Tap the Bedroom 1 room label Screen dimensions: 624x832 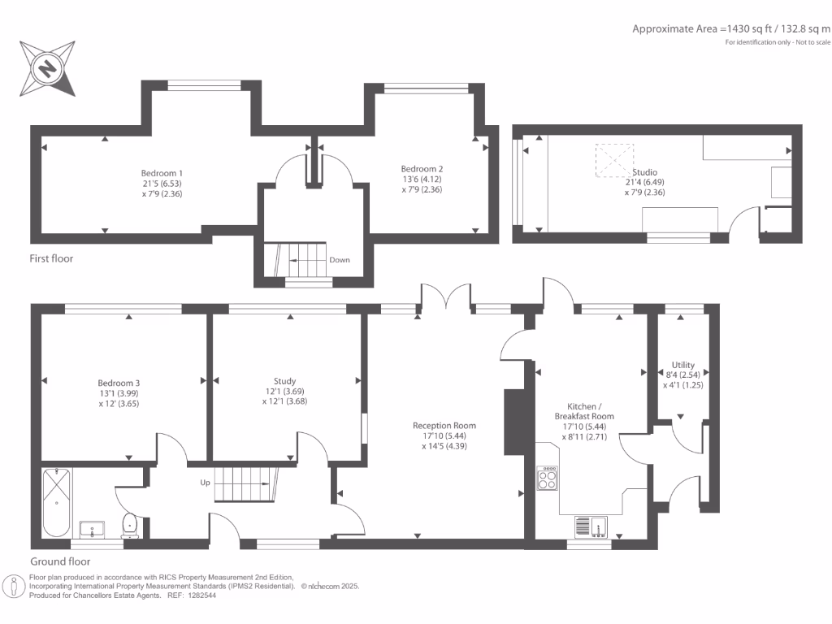(162, 173)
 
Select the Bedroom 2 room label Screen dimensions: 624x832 (422, 169)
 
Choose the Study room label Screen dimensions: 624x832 (284, 381)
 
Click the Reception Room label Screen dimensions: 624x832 (444, 426)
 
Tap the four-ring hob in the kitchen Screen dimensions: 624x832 (548, 477)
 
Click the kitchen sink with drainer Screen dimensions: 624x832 (592, 526)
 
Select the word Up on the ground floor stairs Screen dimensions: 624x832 (206, 483)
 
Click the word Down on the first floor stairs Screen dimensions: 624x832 (340, 261)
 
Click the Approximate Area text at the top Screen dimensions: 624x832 (731, 28)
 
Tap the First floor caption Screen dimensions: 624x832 (52, 258)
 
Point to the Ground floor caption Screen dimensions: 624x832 (60, 561)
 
